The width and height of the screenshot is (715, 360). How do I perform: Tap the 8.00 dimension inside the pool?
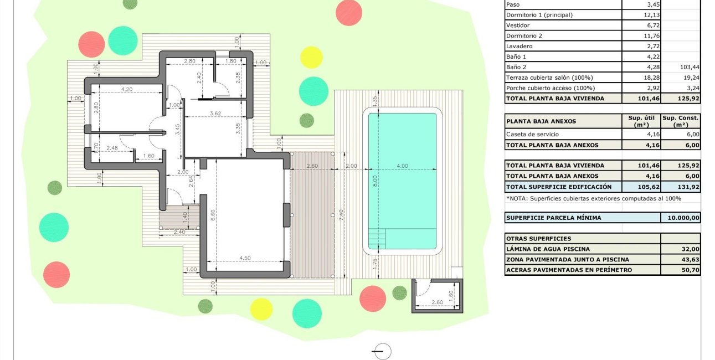click(375, 181)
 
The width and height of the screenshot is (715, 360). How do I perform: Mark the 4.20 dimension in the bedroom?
click(127, 89)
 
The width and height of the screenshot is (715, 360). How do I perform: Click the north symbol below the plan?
click(382, 351)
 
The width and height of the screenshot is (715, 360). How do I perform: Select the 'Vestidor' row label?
click(518, 25)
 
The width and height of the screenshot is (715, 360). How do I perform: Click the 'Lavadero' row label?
click(519, 46)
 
